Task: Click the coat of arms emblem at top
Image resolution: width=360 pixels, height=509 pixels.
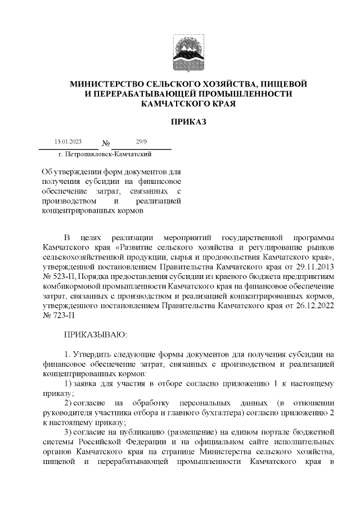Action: [180, 49]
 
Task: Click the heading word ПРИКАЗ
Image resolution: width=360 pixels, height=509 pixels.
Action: [180, 121]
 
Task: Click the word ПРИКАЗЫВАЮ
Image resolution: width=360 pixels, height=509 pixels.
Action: [96, 335]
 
